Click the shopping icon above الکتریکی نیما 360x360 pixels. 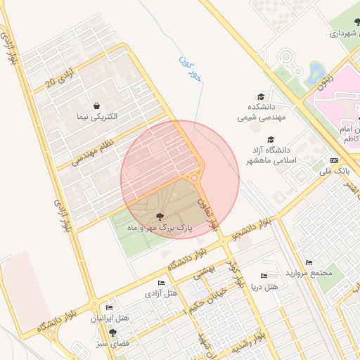[96, 105]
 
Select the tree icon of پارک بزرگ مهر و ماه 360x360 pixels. [159, 217]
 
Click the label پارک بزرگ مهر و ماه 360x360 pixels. [159, 229]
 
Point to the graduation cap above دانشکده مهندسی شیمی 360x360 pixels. [260, 97]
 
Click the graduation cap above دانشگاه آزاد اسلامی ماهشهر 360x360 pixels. [272, 139]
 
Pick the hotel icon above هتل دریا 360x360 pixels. [264, 277]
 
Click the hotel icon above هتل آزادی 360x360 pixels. [161, 283]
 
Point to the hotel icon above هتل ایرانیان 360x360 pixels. [109, 308]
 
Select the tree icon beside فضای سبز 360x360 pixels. [112, 333]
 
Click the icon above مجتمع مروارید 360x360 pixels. [309, 262]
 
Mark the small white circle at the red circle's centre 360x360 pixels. [194, 179]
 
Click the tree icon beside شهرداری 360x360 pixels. [337, 32]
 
